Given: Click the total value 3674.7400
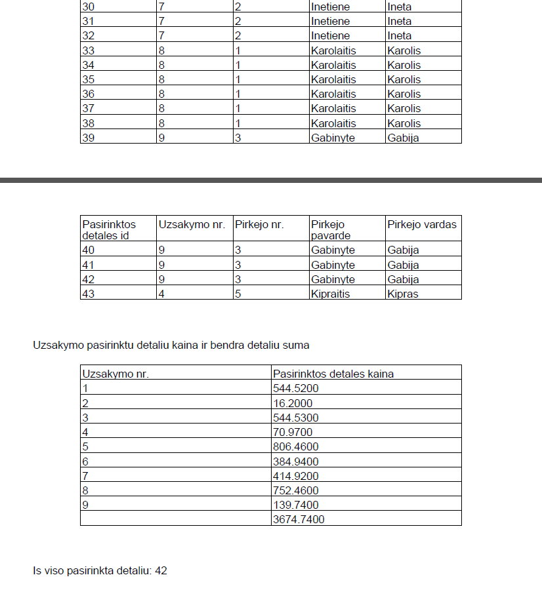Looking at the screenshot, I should [x=299, y=519].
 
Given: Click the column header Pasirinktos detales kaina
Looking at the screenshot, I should [x=333, y=374].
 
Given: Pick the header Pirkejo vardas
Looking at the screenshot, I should [x=421, y=224].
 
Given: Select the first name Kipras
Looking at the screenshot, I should [x=403, y=294].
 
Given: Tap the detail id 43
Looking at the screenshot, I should [x=89, y=294].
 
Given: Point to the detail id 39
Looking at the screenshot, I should [x=89, y=138].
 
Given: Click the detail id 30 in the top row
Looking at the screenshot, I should [x=89, y=7].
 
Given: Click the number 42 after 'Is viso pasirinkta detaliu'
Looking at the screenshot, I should [x=161, y=570].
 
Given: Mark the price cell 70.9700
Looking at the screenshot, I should [x=293, y=432].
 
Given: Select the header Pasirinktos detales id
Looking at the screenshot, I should [x=109, y=229].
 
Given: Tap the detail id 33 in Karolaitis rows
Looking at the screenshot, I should [x=89, y=50].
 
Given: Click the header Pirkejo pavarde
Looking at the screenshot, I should [x=331, y=229].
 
